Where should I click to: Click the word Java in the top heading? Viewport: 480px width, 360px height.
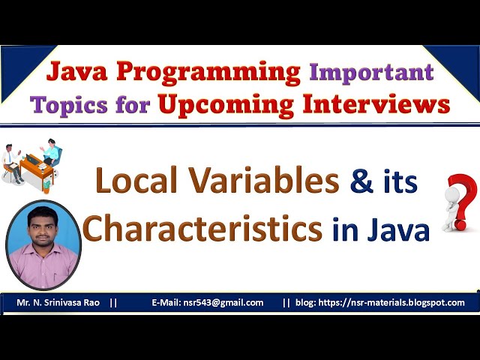point(76,72)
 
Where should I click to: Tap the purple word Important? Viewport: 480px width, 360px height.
point(372,73)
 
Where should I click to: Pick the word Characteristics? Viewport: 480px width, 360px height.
point(202,228)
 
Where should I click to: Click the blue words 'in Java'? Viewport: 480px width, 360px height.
point(380,229)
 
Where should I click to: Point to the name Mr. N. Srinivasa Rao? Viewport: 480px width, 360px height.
point(61,303)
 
